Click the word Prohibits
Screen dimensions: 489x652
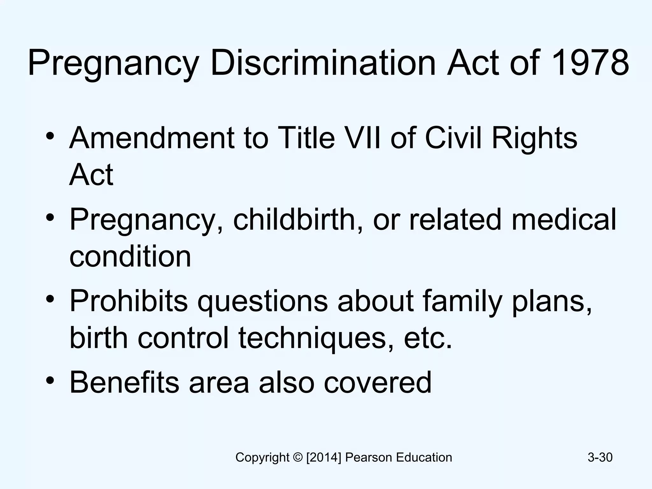(129, 301)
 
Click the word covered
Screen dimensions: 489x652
(378, 383)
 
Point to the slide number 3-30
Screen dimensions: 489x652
(600, 457)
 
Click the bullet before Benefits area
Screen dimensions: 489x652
(50, 380)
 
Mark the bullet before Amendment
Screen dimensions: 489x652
(50, 136)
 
